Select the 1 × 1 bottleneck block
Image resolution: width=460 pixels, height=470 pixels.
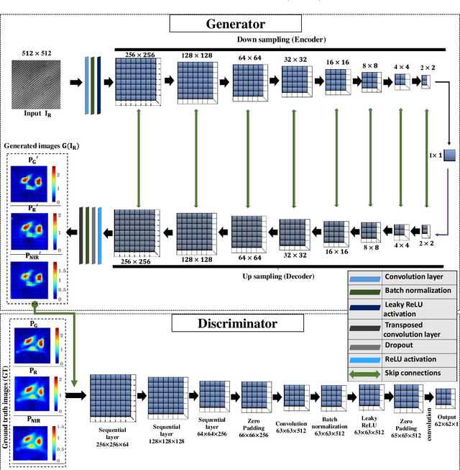tap(450, 155)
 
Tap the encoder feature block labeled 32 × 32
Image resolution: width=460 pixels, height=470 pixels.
tap(295, 81)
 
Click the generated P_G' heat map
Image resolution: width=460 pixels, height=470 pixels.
tap(31, 183)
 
